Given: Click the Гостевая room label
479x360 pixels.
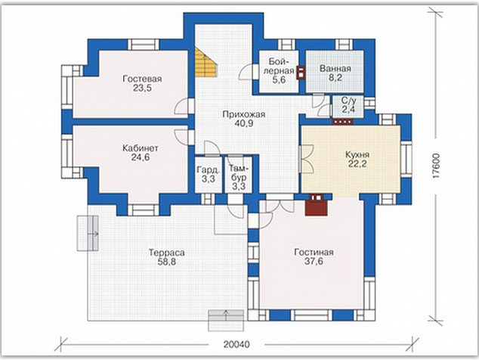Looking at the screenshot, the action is point(142,79).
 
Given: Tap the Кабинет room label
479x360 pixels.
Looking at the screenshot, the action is point(141,148).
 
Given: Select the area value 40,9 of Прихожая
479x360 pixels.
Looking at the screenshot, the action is point(244,123).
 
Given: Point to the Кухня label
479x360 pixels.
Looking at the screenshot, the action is point(357,154).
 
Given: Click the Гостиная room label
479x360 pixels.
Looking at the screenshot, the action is point(314,253).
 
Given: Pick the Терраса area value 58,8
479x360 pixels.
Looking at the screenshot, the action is point(166,262).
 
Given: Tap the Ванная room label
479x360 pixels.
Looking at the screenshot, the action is point(335,69).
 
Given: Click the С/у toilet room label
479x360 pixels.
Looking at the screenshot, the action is point(348,101).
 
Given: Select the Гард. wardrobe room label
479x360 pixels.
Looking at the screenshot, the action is point(209,169).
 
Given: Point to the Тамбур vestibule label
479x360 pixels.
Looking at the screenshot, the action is point(239,173).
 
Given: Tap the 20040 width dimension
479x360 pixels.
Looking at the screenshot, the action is point(236,344).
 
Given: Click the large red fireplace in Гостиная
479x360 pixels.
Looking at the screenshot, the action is point(316,205).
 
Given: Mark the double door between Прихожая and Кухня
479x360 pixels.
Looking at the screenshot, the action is point(307,158).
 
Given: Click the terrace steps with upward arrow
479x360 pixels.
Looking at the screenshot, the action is point(226,320).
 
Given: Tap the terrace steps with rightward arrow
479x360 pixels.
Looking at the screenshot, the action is point(88,234).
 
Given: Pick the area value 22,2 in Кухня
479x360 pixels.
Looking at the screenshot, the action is point(357,163).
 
